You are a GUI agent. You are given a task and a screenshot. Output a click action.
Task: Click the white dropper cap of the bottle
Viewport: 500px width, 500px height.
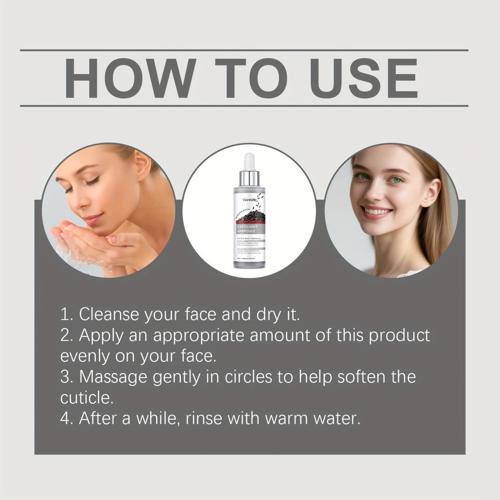(x=250, y=162)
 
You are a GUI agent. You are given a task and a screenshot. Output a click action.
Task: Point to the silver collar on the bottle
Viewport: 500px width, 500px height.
(x=250, y=178)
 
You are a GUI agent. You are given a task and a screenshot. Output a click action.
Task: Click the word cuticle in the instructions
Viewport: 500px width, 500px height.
(x=86, y=398)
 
